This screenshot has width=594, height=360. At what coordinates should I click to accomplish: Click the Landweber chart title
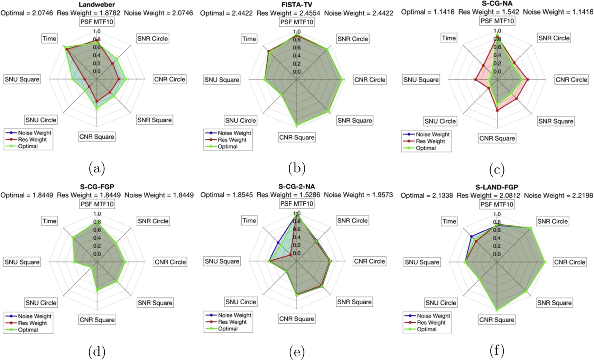[96, 4]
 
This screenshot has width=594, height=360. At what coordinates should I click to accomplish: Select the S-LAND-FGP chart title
[496, 187]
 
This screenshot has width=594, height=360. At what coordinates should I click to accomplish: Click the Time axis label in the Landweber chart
[49, 38]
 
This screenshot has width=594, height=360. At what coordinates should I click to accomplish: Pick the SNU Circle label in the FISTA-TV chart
[240, 120]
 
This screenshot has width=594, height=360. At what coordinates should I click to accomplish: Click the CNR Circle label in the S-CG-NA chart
[571, 80]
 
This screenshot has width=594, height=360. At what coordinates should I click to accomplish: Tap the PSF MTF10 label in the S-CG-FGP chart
[97, 204]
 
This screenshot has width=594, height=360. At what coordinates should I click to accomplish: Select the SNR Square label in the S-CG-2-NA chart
[354, 302]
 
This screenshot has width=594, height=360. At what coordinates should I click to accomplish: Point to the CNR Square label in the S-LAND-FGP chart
[496, 320]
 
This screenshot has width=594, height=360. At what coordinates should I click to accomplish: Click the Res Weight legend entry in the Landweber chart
[32, 139]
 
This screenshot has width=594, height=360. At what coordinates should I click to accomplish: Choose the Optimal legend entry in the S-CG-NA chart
[425, 148]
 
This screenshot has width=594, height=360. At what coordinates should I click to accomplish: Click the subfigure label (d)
[97, 352]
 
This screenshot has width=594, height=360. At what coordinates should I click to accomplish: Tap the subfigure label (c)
[497, 169]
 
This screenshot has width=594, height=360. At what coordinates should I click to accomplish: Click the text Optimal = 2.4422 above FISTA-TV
[226, 13]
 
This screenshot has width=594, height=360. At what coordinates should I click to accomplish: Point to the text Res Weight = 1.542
[489, 12]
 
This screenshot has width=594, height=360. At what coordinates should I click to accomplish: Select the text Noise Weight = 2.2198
[558, 195]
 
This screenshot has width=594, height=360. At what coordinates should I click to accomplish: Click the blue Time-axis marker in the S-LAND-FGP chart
[471, 237]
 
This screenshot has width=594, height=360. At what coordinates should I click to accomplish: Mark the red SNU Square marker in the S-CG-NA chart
[475, 80]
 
